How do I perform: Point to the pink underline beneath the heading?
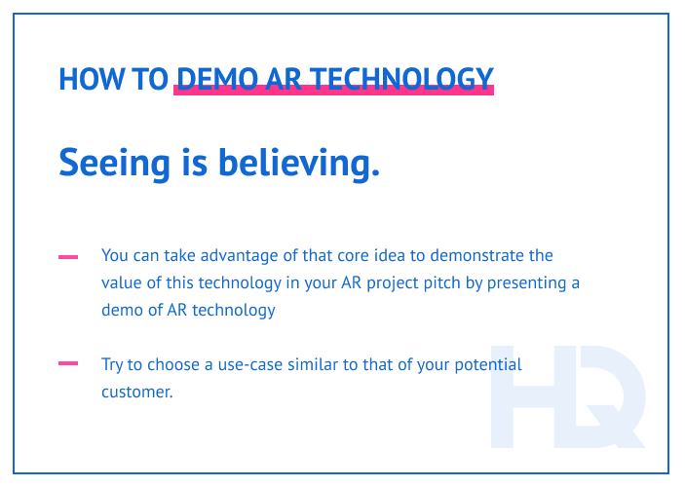click(x=333, y=91)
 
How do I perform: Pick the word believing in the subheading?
click(x=298, y=163)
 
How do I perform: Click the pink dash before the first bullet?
click(x=68, y=257)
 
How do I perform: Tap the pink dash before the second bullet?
click(x=68, y=364)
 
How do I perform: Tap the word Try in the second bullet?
click(x=113, y=364)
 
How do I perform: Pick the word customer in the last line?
click(x=136, y=393)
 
